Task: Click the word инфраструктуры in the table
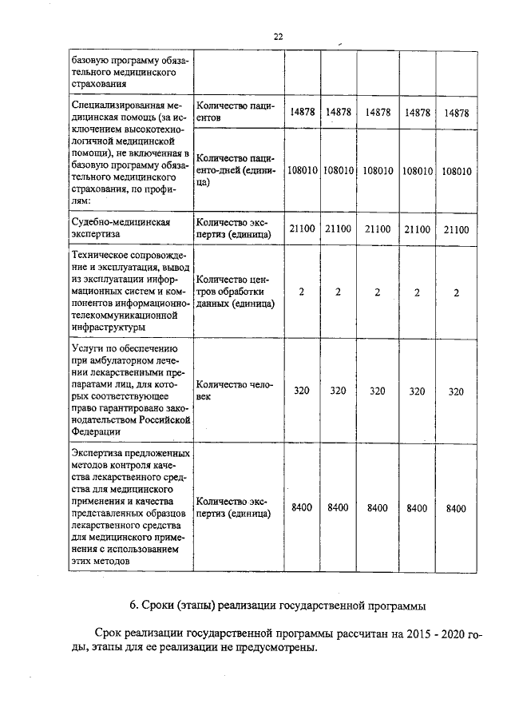point(109,327)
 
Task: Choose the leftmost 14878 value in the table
point(302,113)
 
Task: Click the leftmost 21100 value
point(302,229)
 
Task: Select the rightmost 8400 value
point(456,508)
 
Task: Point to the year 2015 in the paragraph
point(421,634)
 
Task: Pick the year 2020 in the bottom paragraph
point(457,634)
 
